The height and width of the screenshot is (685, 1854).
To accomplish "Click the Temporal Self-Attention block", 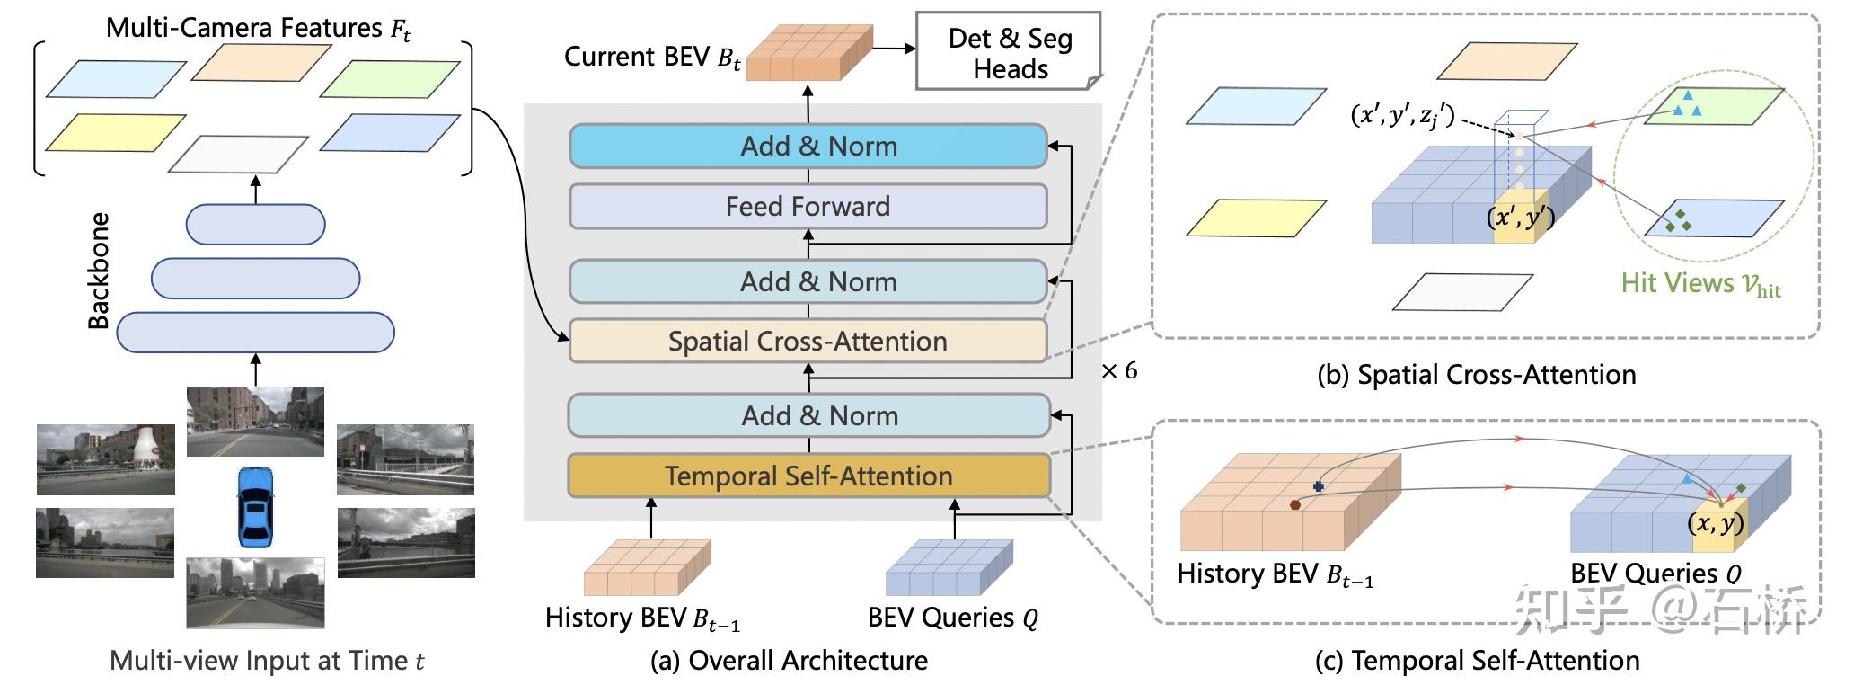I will pos(808,476).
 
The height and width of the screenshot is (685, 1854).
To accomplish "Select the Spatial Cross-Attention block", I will pos(808,341).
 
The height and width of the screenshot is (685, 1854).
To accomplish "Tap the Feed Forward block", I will pos(808,206).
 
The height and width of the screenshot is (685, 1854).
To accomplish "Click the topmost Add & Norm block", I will pos(808,146).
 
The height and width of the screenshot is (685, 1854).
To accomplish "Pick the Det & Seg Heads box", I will pos(1009,52).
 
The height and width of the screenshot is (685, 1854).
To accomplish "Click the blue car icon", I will pos(255,506).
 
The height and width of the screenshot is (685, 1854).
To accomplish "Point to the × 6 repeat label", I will pos(1119,370).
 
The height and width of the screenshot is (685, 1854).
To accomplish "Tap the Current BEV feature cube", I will pos(809,54).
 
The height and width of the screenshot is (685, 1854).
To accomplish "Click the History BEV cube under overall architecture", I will pos(647,567).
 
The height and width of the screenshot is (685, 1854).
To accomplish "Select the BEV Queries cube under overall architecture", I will pos(949,567).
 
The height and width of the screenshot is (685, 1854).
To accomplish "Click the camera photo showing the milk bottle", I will pos(106,459).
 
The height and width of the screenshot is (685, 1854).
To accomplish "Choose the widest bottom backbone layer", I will pos(255,333).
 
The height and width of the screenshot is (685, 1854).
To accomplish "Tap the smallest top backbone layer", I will pos(255,225).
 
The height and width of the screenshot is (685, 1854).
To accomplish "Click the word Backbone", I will pos(99,271).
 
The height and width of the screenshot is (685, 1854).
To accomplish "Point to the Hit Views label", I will pos(1700,284).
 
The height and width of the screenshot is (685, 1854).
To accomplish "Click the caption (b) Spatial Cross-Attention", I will pos(1476,374).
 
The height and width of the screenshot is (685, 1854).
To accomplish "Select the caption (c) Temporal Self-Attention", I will pos(1477,661).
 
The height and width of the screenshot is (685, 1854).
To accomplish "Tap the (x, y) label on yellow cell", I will pos(1716,523).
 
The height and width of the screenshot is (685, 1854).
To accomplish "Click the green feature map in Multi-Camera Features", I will pos(390,78).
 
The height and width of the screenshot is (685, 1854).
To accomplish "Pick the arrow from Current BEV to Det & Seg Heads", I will pos(894,49).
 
